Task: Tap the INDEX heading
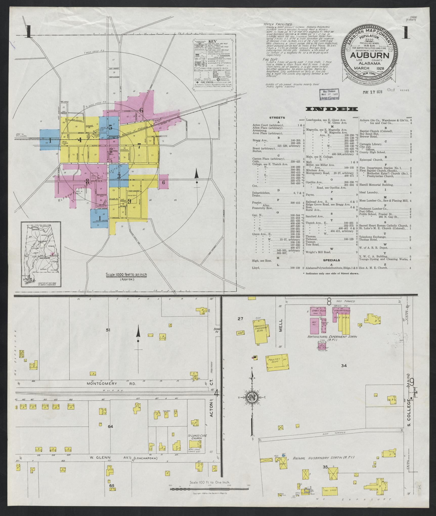tap(332, 109)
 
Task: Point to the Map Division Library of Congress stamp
tap(330, 94)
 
